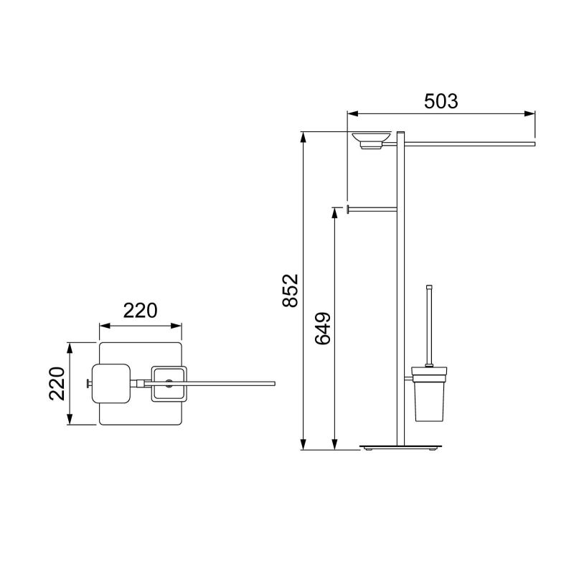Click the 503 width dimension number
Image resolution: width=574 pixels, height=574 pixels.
[x=441, y=101]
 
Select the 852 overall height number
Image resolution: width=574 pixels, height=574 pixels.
[x=291, y=291]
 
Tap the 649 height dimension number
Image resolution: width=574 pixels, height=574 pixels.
[x=323, y=329]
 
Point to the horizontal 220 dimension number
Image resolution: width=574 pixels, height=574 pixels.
[x=140, y=311]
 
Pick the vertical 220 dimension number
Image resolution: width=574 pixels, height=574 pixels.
[x=57, y=383]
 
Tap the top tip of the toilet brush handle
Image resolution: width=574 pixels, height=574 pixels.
[x=429, y=286]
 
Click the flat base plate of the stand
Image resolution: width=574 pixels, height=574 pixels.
[x=401, y=447]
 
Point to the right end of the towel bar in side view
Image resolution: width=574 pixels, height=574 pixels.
[x=535, y=144]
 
